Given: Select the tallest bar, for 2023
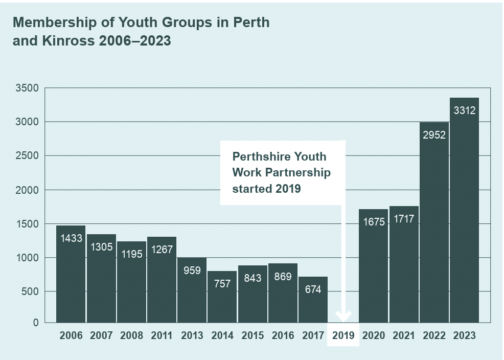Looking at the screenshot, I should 464,215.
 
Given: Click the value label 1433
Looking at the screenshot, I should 71,238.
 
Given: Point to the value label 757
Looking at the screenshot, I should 222,284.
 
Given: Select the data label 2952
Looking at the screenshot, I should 434,135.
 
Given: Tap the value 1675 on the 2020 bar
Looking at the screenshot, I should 373,222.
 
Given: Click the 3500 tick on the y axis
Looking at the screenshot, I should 27,88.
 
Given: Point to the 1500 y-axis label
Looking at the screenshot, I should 27,224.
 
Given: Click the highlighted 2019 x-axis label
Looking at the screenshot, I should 343,336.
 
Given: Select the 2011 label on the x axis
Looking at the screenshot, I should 162,336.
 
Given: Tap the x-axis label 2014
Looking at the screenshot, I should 222,336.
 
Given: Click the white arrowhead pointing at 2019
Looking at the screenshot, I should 343,316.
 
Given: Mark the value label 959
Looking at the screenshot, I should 192,270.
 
